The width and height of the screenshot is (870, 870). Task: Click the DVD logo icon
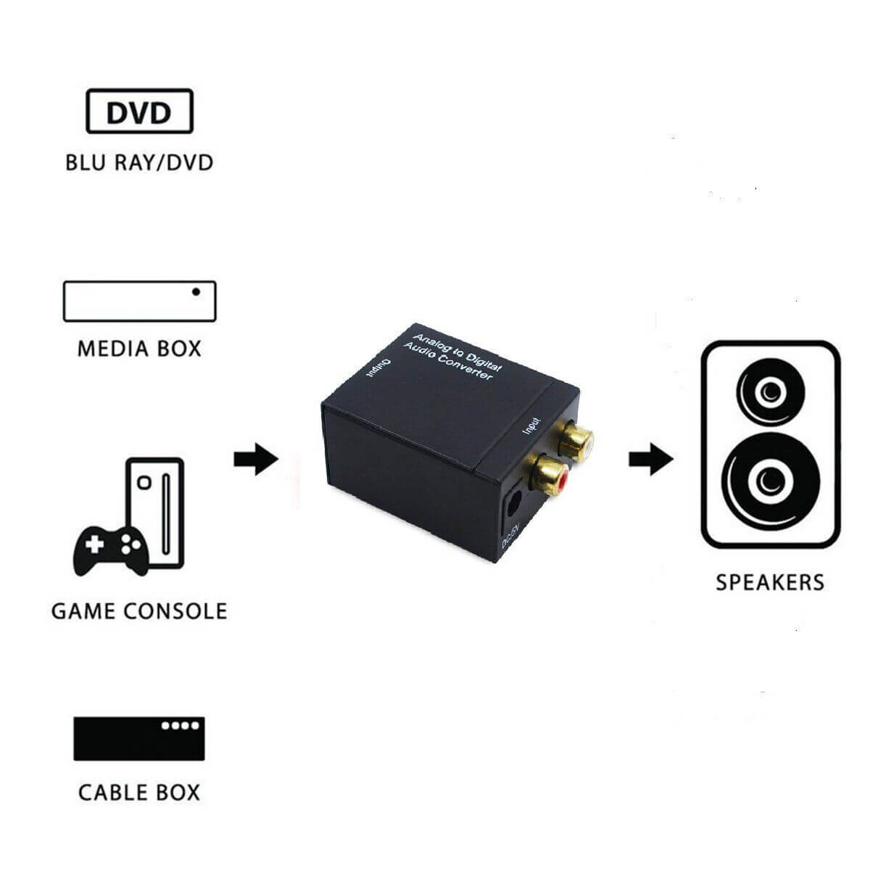point(139,112)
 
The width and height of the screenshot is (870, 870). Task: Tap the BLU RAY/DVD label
point(139,161)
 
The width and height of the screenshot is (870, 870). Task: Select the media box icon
point(139,301)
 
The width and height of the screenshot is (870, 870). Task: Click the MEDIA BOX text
point(139,349)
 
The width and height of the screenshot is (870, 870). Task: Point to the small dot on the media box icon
point(196,292)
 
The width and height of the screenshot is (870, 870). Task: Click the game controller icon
point(111,551)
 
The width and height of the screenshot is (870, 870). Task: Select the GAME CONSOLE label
point(139,610)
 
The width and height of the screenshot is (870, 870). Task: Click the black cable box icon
point(139,738)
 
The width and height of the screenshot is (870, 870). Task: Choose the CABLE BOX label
point(139,792)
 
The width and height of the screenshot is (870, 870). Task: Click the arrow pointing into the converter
point(256,460)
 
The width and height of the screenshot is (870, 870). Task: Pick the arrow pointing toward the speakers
point(650,460)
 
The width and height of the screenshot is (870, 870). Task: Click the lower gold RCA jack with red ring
point(548,475)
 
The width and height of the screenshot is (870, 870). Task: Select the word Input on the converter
point(532,426)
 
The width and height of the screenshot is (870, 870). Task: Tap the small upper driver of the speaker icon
point(770,391)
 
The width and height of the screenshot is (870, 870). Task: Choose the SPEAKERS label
point(770,582)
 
